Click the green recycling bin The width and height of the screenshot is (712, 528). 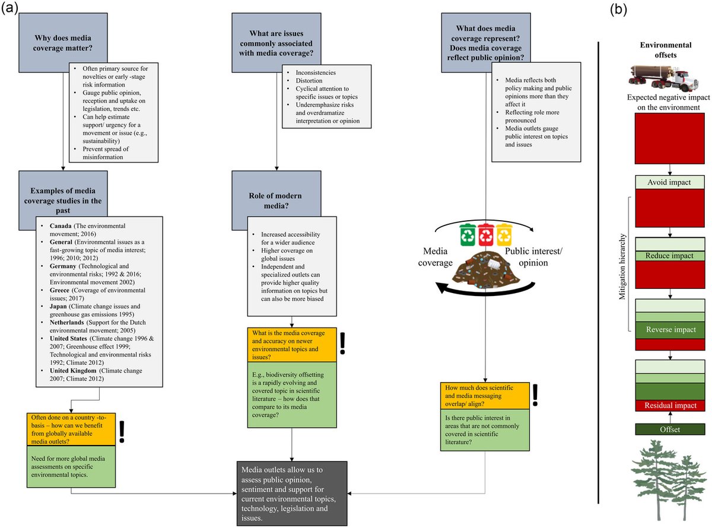469,234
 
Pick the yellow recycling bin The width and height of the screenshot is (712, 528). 505,234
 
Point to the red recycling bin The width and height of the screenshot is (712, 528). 487,234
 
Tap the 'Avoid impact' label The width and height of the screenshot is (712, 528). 670,182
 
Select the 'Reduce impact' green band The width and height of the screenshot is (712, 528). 670,256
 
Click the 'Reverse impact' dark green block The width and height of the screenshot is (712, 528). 670,329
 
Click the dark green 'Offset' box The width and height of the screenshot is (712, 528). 670,429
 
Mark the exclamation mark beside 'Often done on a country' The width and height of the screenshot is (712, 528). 123,432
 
